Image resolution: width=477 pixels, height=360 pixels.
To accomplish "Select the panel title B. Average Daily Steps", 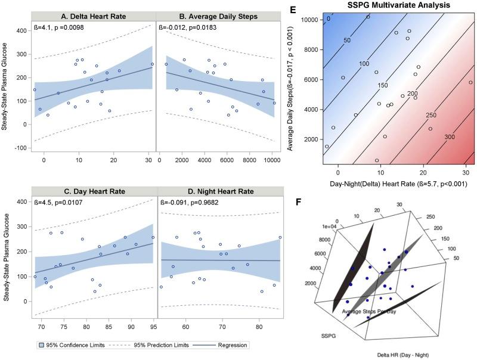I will coord(216,16).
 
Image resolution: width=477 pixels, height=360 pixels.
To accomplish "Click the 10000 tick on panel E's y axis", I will coord(308,19).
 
